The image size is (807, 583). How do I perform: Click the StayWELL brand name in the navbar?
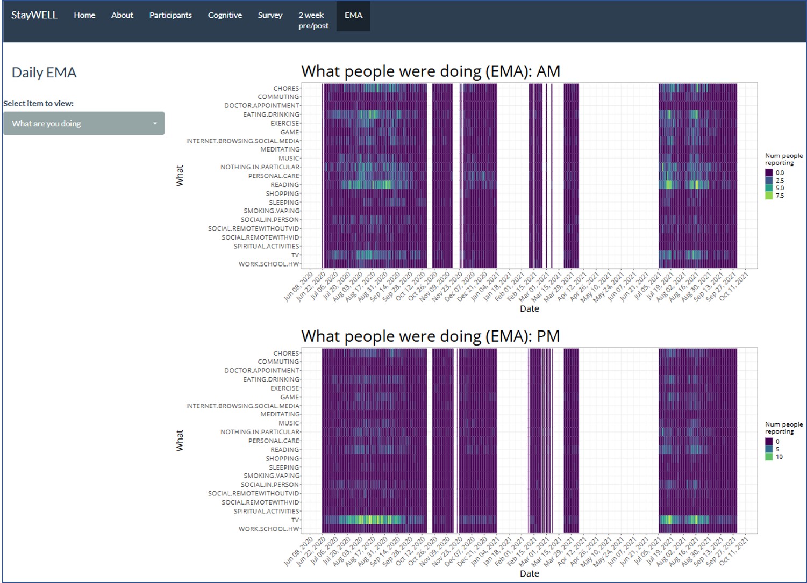point(34,15)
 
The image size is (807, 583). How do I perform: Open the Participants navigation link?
point(170,15)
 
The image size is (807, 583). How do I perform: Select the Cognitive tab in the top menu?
point(225,15)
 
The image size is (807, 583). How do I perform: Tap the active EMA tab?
point(353,16)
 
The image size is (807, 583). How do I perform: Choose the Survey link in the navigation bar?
point(270,15)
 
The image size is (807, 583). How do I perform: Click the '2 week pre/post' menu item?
point(313,20)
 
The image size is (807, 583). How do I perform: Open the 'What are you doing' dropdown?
point(84,124)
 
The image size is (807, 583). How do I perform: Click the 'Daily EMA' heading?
point(44,73)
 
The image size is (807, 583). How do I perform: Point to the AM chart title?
point(431,71)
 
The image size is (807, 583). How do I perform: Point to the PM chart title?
point(431,336)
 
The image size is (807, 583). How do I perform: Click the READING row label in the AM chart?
point(284,185)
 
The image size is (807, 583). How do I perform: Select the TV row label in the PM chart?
point(295,520)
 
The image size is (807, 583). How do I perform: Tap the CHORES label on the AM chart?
point(286,88)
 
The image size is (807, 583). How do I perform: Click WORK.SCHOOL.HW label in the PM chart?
point(269,529)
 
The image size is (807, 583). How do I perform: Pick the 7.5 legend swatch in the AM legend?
point(769,196)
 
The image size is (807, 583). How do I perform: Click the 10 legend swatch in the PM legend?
point(769,457)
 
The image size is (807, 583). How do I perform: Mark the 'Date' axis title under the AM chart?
point(529,308)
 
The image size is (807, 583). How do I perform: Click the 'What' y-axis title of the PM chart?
point(180,441)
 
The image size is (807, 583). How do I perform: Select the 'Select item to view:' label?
point(39,104)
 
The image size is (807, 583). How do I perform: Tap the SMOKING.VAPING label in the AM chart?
point(272,211)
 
